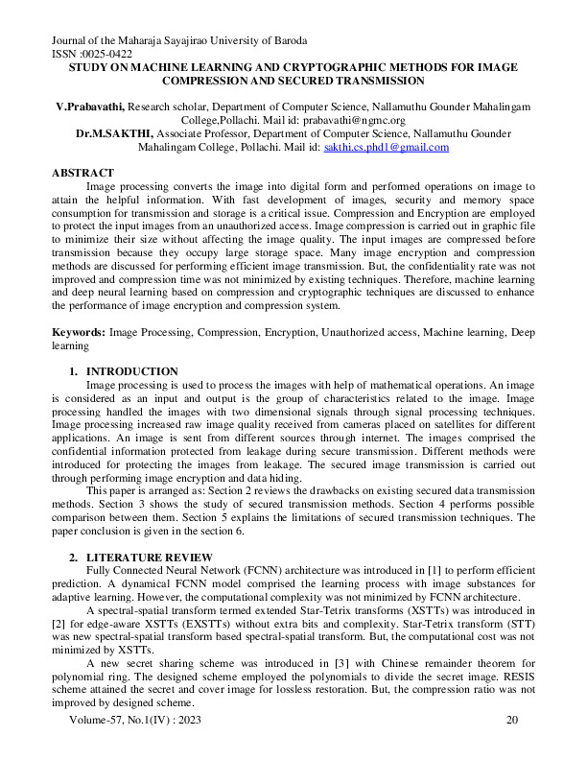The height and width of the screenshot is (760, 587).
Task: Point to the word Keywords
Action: coord(79,330)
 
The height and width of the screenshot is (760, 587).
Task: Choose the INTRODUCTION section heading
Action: coord(132,370)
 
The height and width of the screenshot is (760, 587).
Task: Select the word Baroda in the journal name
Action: coord(285,41)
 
